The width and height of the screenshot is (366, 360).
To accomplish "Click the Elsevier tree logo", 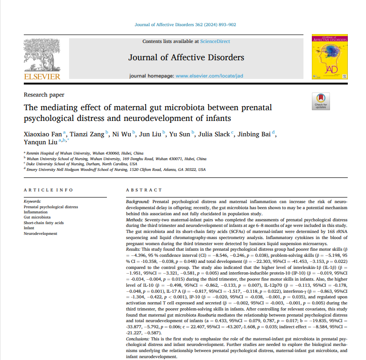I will (x=42, y=55).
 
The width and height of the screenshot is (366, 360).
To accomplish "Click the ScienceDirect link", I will (x=215, y=42).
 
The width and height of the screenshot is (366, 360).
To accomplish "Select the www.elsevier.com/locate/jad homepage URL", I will (x=209, y=76).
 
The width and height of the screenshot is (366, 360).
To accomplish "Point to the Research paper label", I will (x=44, y=95).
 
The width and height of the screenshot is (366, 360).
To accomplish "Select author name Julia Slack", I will (x=214, y=134).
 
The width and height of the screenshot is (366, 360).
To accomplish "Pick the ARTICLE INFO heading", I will (x=49, y=191).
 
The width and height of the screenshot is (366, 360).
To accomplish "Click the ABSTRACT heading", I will (x=143, y=191).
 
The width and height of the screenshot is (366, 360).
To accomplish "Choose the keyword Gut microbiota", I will (x=37, y=217).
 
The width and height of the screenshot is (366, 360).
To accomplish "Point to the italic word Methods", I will (x=135, y=219).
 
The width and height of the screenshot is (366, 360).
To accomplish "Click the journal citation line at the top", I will (x=185, y=25).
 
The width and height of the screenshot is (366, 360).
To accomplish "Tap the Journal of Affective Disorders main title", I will (x=186, y=58).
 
